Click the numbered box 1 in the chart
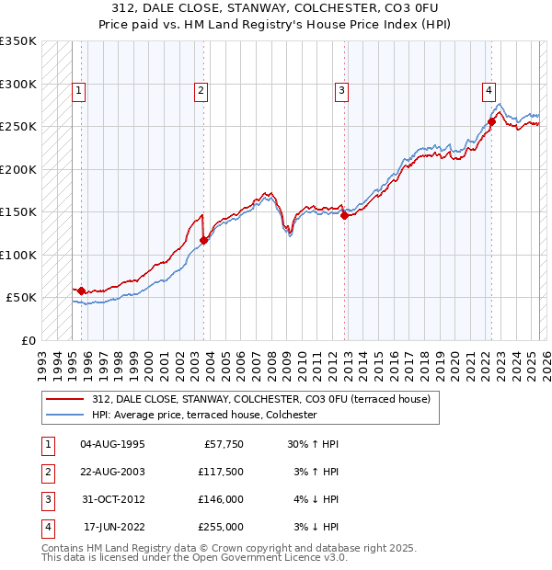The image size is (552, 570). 80,90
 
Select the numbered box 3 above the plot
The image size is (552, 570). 341,90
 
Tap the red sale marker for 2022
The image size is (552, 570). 492,121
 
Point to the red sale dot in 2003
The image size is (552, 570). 203,240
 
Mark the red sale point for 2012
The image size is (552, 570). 344,216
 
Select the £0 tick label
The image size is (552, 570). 28,340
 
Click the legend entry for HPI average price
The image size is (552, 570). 204,416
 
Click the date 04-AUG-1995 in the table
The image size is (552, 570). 112,444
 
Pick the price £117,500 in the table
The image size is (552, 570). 222,472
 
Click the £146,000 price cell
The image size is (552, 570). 222,499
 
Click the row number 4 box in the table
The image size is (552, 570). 46,527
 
